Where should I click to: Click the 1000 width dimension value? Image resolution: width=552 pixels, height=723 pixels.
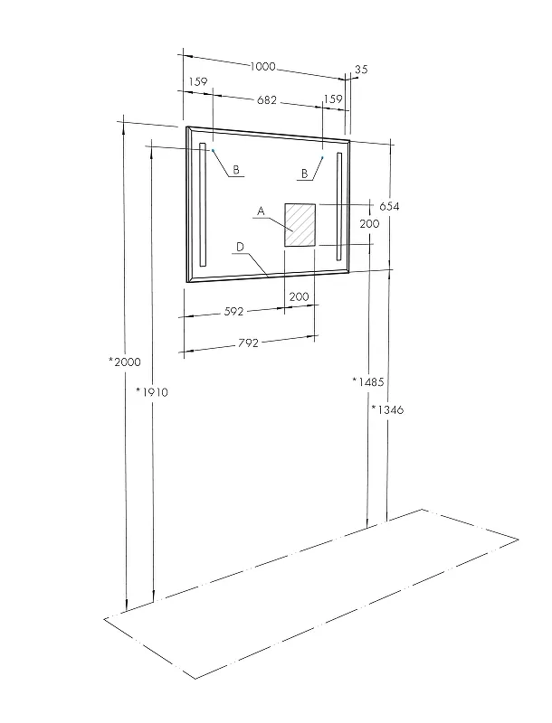click(x=262, y=66)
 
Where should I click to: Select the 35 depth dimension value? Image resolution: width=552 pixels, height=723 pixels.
click(x=361, y=70)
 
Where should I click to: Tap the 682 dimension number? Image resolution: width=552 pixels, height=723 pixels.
click(x=267, y=99)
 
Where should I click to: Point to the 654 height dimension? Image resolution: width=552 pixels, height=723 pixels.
click(x=389, y=206)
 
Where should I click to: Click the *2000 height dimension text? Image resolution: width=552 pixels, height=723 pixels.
click(x=125, y=362)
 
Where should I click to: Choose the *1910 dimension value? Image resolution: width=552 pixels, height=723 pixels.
click(x=152, y=392)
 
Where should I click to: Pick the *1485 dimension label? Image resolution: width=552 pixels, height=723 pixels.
click(x=367, y=381)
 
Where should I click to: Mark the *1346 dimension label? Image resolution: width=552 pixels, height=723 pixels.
click(x=387, y=409)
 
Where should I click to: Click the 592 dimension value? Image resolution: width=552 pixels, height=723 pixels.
click(x=233, y=312)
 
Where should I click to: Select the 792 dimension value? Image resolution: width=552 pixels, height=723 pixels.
click(x=248, y=343)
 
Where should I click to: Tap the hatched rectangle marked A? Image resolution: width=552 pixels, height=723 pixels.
click(x=300, y=225)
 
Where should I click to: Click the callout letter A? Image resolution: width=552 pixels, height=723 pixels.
click(x=261, y=211)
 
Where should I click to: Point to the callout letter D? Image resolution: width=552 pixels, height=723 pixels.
click(x=240, y=248)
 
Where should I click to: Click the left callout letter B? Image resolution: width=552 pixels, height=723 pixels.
click(x=236, y=170)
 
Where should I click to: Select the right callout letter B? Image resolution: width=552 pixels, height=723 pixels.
click(x=304, y=174)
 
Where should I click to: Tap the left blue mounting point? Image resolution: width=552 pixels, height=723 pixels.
click(x=213, y=150)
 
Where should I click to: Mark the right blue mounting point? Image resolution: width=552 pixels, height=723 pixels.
click(x=323, y=157)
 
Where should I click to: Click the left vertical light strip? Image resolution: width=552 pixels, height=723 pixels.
click(x=202, y=205)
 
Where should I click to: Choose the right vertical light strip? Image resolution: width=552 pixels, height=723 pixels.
click(x=339, y=207)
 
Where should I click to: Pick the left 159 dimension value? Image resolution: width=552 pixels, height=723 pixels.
click(x=198, y=82)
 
